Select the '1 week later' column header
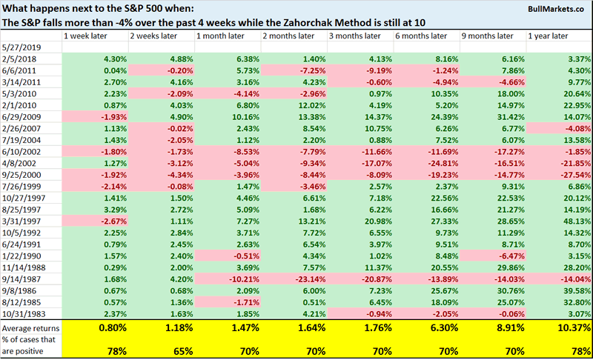[86, 36]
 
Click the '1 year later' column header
[549, 36]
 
